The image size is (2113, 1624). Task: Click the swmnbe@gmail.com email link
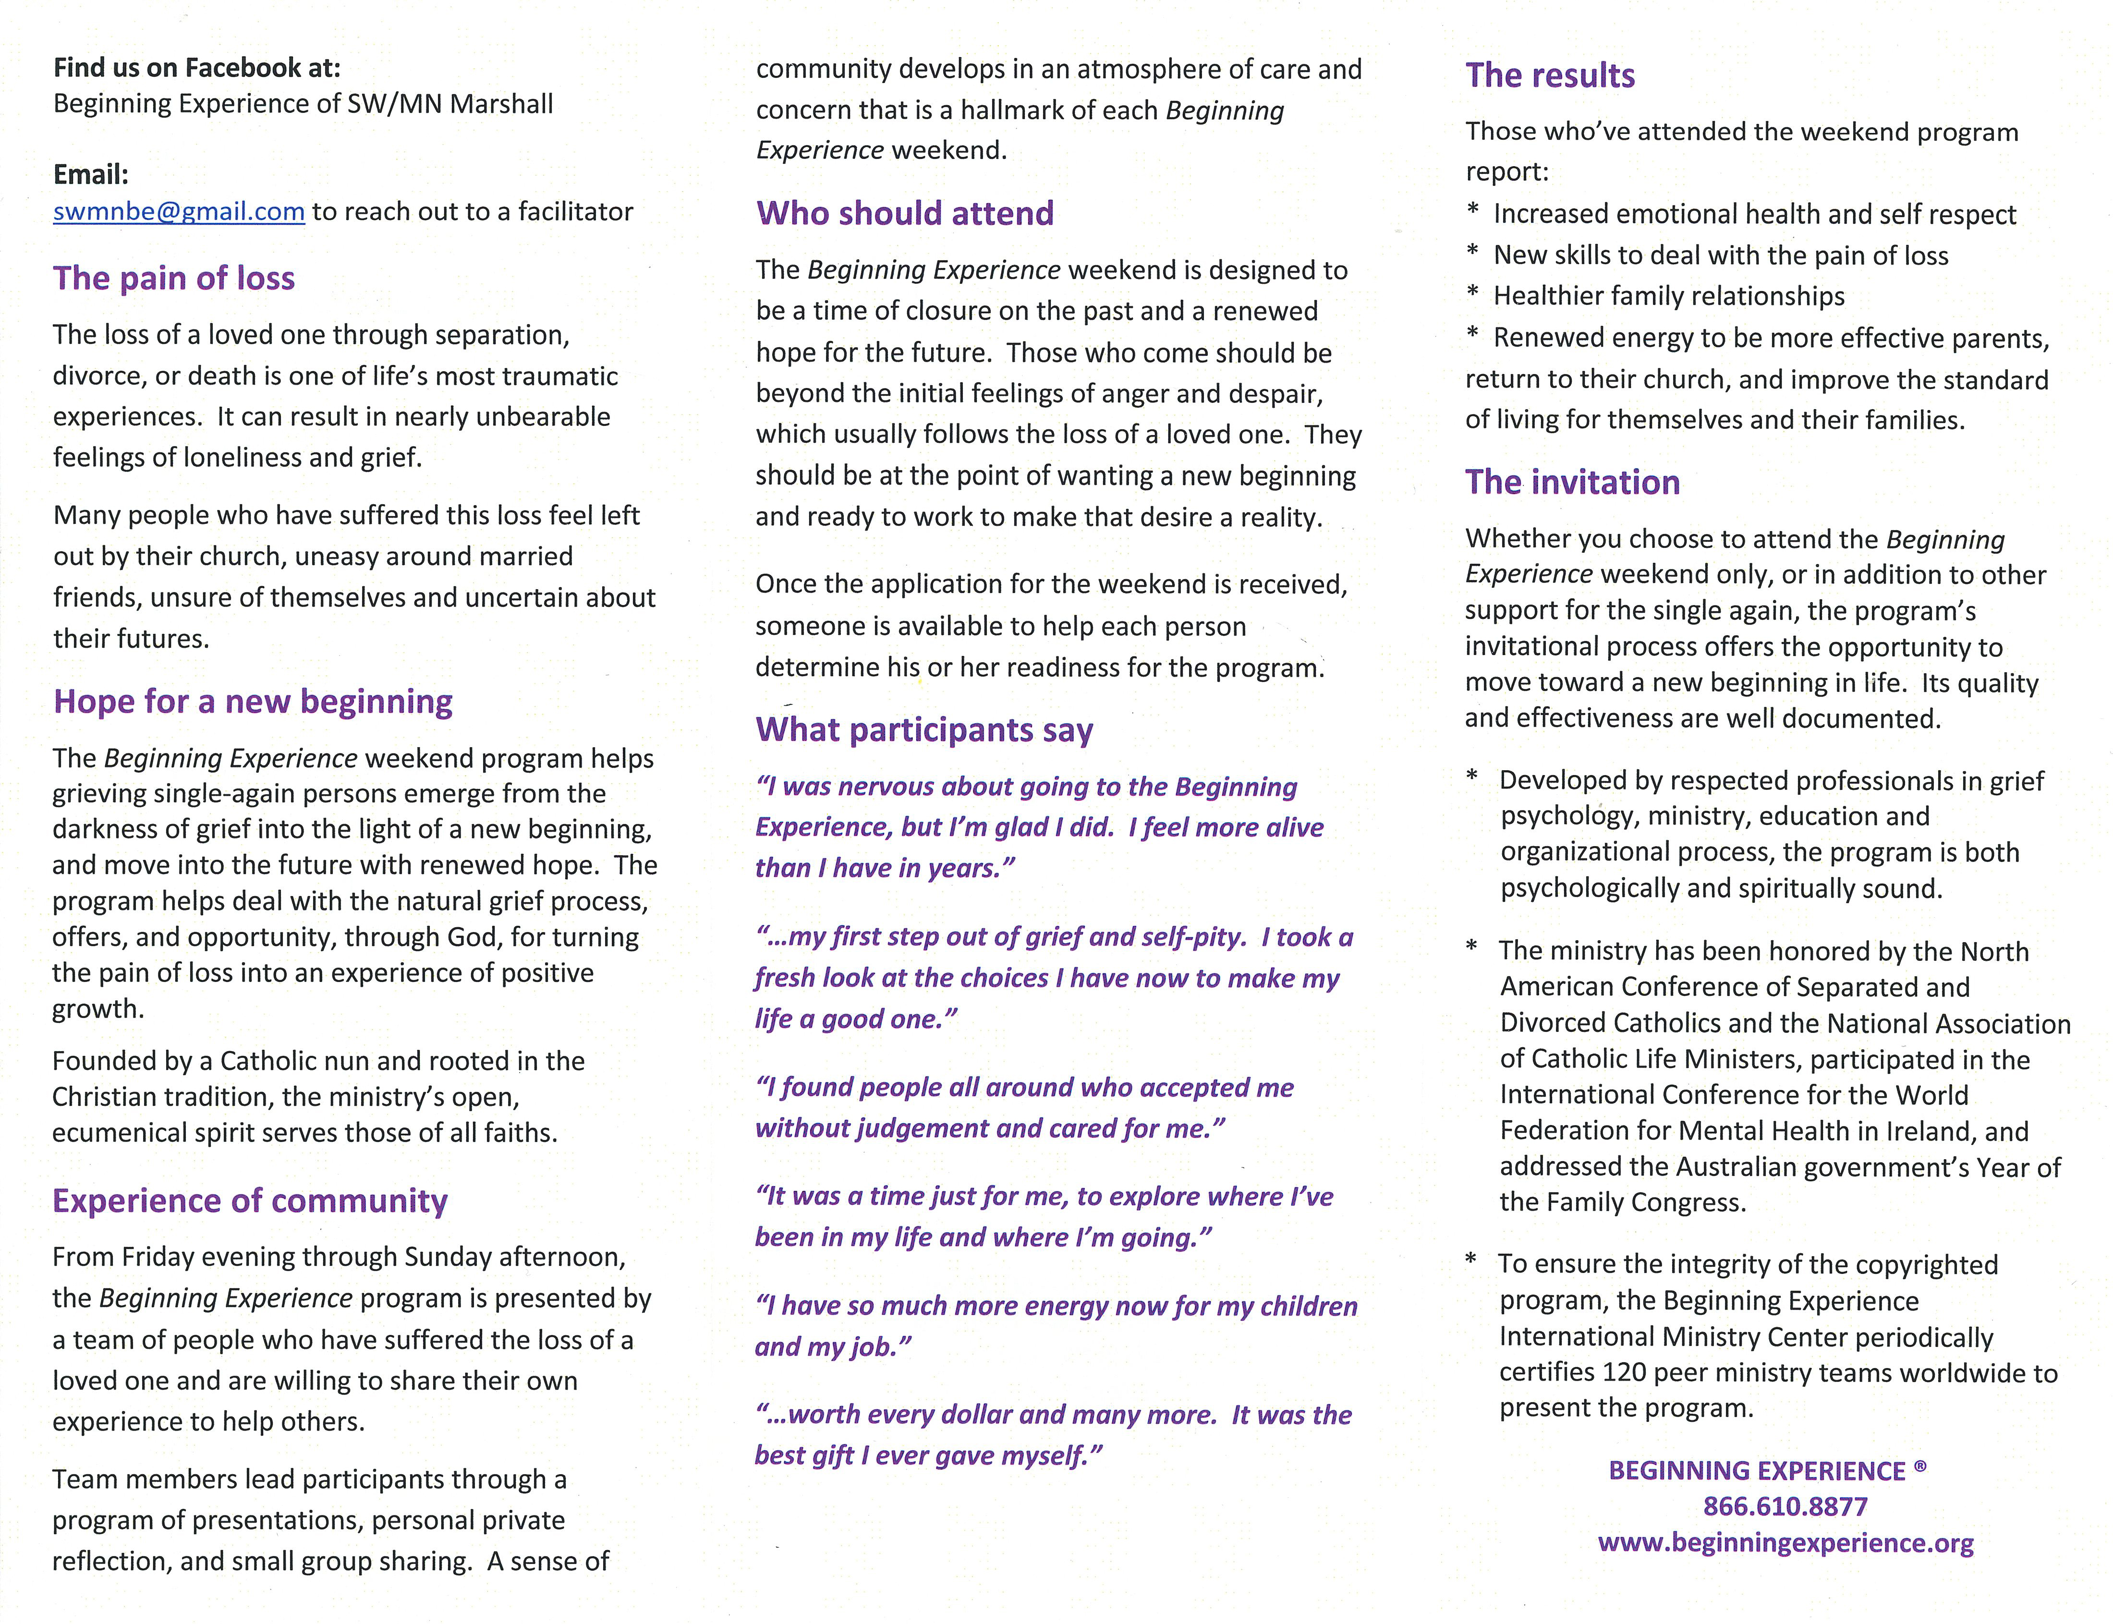tap(179, 212)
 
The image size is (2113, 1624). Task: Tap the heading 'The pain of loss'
tap(174, 279)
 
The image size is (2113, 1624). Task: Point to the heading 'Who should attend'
tap(905, 214)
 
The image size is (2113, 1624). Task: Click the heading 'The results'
tap(1550, 75)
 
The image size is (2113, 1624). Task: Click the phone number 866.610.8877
tap(1785, 1506)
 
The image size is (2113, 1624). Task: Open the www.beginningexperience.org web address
tap(1785, 1543)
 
